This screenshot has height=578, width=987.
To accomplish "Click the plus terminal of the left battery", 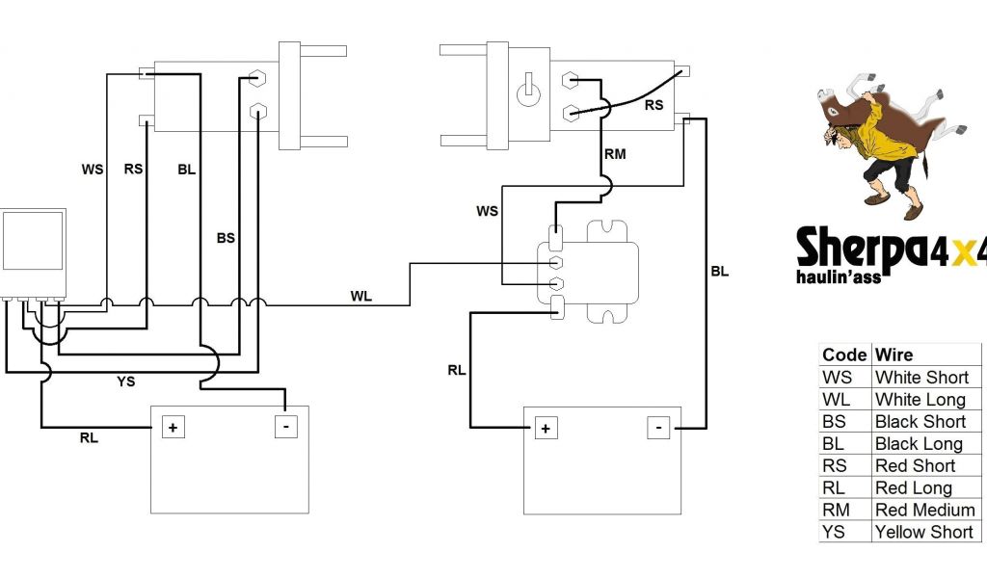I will coord(173,427).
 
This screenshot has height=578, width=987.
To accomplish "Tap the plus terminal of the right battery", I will coord(546,428).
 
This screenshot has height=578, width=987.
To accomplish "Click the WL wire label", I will coord(360,296).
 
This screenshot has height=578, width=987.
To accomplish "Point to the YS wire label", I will coord(125,381).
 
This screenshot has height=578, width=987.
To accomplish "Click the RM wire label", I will coord(614,153).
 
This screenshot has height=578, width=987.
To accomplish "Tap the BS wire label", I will coord(226,237).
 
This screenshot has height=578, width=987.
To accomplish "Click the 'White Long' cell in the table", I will coord(920,399).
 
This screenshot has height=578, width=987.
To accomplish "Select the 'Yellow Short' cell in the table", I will coord(923,532).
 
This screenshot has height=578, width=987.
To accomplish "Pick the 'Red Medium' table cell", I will coord(924,510).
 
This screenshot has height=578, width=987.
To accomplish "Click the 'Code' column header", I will coord(844,355).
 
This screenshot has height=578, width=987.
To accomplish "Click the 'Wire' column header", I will coord(894,355).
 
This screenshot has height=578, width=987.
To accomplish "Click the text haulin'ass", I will coord(839,276).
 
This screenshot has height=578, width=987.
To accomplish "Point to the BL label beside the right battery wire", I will coord(719,272).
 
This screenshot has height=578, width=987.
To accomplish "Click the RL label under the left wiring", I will coord(89,437).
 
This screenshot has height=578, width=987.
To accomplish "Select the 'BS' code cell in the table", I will coord(835,421).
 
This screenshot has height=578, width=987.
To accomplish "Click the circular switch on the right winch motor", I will coord(527,93).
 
